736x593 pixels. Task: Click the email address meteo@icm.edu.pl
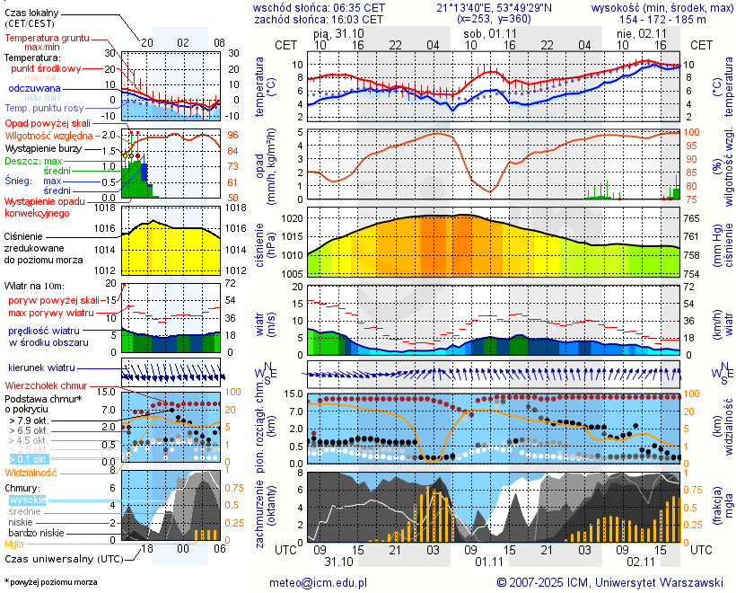click(x=319, y=582)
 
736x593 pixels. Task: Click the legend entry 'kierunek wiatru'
click(x=41, y=368)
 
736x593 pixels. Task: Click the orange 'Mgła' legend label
click(x=14, y=544)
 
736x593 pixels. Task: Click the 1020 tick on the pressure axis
click(x=292, y=218)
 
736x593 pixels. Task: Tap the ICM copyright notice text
click(x=609, y=582)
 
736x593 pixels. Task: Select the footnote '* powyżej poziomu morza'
click(x=50, y=582)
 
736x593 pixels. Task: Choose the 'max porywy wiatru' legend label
click(x=51, y=312)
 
